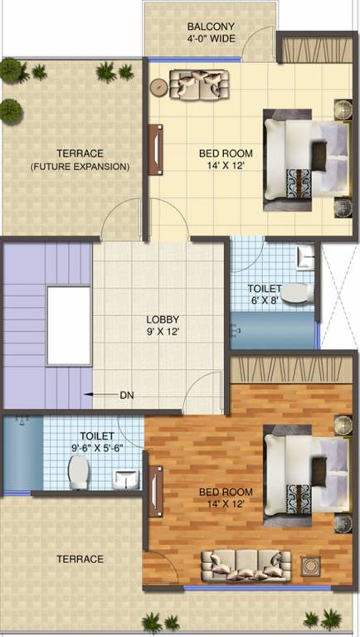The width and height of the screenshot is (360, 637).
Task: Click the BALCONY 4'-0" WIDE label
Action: point(211,32)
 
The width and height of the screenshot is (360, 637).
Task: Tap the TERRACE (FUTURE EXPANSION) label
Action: point(80,160)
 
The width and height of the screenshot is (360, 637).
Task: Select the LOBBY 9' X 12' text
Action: point(163,325)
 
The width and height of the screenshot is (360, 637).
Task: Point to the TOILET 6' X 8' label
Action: point(265,294)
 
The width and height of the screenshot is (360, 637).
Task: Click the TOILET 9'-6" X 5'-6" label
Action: point(97,441)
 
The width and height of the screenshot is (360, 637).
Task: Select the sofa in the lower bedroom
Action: point(239,566)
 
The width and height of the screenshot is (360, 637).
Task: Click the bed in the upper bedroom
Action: point(305,156)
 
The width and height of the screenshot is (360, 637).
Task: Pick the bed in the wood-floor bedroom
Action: point(305,474)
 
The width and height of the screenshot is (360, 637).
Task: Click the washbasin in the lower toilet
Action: point(125,479)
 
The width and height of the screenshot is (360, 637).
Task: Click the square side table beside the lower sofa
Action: point(311,566)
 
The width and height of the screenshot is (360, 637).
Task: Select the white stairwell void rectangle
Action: point(68,325)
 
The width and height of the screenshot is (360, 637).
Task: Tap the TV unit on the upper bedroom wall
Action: point(154,149)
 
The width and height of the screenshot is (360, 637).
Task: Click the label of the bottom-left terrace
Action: point(80,559)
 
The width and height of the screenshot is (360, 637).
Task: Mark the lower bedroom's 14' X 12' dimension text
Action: point(226,503)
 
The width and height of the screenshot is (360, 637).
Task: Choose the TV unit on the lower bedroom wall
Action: point(154,494)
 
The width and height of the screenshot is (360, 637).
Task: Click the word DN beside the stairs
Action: point(127,396)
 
